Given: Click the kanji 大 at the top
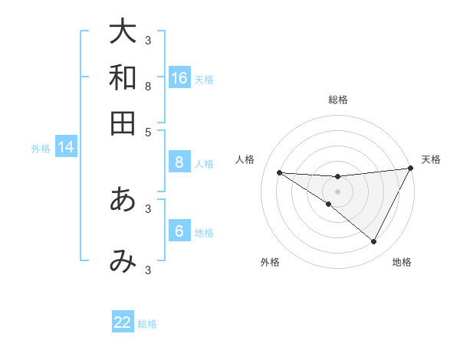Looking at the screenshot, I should click(123, 32).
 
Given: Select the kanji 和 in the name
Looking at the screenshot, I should click(123, 78).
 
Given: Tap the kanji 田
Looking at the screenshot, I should click(123, 123).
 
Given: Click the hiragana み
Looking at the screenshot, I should click(123, 261).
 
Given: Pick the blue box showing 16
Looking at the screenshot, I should click(179, 78).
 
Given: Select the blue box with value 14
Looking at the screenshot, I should click(66, 147).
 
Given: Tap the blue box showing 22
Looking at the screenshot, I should click(123, 322).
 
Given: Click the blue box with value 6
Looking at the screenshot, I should click(179, 231).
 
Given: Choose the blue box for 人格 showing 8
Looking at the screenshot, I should click(179, 162).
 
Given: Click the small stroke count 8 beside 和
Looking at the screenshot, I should click(148, 86).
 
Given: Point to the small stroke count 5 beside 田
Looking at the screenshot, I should click(148, 131).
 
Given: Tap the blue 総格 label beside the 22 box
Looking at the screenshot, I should click(147, 324).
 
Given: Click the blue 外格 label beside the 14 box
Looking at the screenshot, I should click(41, 149).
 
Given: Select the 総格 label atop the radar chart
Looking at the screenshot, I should click(338, 100).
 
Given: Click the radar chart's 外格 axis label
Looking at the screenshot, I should click(270, 262).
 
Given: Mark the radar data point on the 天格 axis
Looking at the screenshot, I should click(410, 169).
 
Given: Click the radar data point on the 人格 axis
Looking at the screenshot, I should click(280, 172).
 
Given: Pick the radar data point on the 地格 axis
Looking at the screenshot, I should click(374, 242).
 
